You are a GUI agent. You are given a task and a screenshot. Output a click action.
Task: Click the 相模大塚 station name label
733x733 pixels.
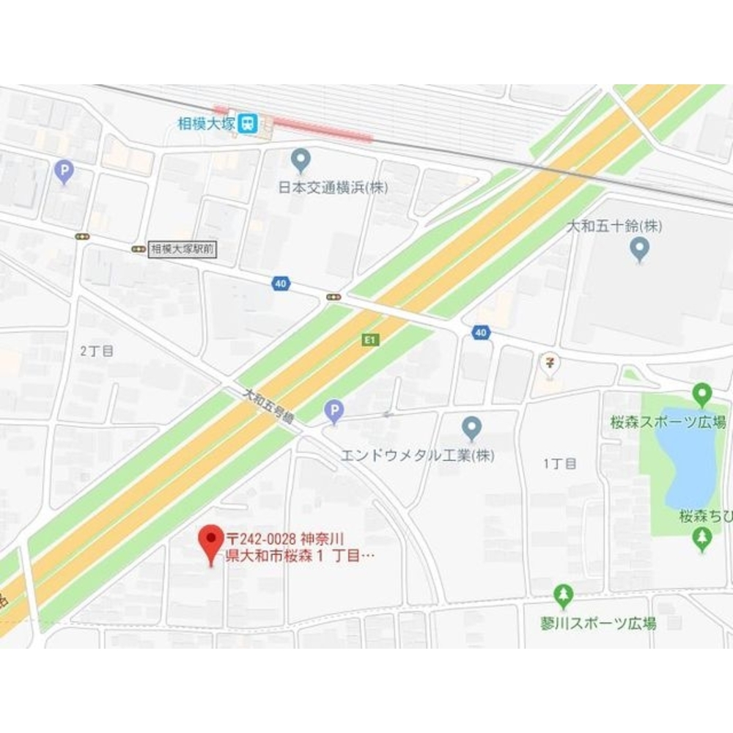pos(206,124)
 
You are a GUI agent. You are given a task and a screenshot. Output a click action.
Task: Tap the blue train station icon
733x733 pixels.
pos(248,123)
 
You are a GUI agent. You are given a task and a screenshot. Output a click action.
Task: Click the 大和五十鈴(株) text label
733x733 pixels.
pos(615,226)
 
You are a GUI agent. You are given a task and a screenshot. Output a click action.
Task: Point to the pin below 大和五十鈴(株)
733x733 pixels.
pos(640,249)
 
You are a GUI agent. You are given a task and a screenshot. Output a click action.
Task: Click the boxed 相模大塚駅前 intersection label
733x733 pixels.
pos(183,249)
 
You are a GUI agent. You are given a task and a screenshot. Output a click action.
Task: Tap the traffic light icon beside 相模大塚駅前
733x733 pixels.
pos(138,249)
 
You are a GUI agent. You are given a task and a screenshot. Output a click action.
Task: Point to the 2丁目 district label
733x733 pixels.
pos(97,351)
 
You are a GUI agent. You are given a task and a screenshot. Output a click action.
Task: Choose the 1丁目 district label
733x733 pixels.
pos(560,463)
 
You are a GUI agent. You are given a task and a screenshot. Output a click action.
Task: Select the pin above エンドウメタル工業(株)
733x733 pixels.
pos(471,427)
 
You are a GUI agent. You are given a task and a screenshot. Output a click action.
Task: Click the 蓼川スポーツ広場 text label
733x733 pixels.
pos(594,623)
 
